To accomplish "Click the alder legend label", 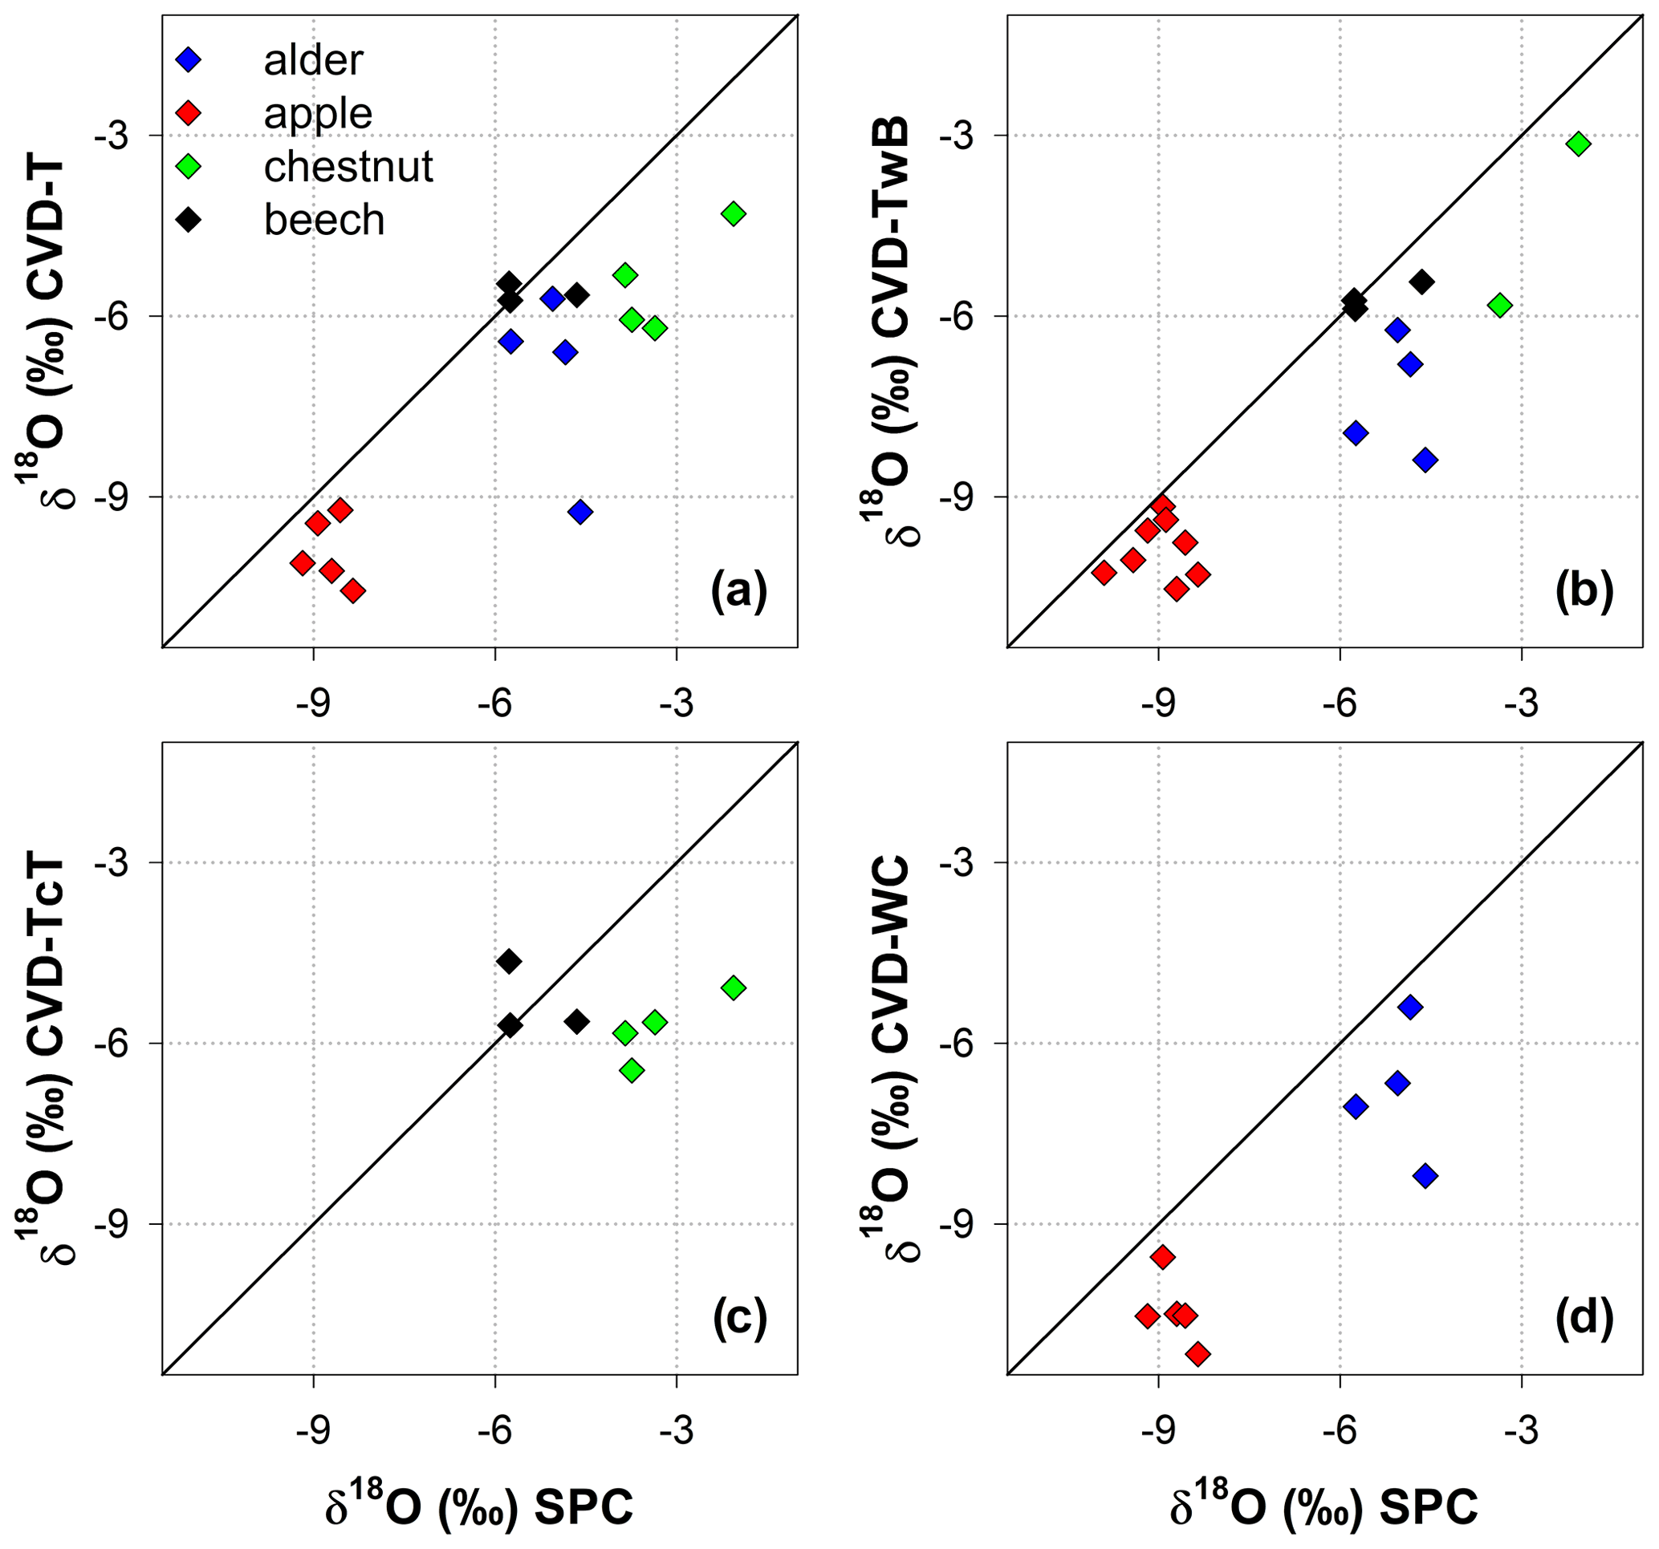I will coord(313,60).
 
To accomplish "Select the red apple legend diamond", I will coord(189,112).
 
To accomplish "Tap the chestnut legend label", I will coord(348,167).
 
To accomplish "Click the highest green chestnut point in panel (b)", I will coord(1578,144).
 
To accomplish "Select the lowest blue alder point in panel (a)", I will coord(580,511).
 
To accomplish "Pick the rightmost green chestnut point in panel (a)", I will coord(734,213).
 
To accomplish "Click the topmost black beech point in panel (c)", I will coord(509,962).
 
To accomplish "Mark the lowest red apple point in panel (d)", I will coord(1197,1354).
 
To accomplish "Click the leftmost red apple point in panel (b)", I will coord(1104,573).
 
